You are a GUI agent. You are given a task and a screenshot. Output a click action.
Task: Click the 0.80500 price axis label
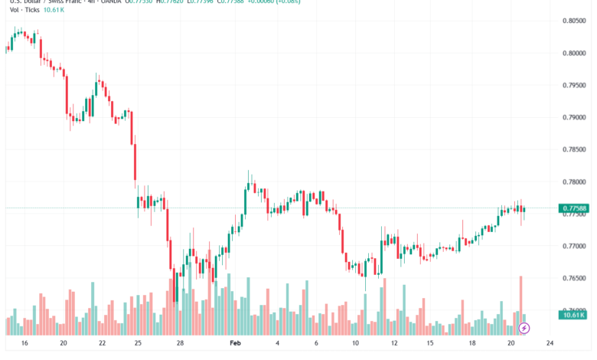(573, 21)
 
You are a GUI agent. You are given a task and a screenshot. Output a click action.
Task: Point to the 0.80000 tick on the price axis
(573, 53)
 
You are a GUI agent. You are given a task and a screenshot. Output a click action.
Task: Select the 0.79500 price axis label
(573, 85)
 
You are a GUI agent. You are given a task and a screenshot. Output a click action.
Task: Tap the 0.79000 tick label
(573, 117)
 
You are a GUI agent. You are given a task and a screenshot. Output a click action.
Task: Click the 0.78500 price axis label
(573, 149)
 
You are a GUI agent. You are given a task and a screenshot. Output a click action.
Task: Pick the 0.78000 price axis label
(573, 182)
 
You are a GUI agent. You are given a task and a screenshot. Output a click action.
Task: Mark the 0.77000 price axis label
(573, 246)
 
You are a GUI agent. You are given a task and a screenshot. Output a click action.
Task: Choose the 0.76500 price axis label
(573, 278)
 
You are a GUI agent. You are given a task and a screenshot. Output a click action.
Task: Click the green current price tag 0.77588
(573, 208)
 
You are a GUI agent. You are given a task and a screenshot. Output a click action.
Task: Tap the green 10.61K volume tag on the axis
(573, 315)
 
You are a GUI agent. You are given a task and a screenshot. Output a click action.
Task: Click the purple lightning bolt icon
(524, 328)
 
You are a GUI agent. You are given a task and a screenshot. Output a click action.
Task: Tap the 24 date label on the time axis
(549, 344)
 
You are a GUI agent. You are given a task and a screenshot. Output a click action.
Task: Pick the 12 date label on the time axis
(393, 344)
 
